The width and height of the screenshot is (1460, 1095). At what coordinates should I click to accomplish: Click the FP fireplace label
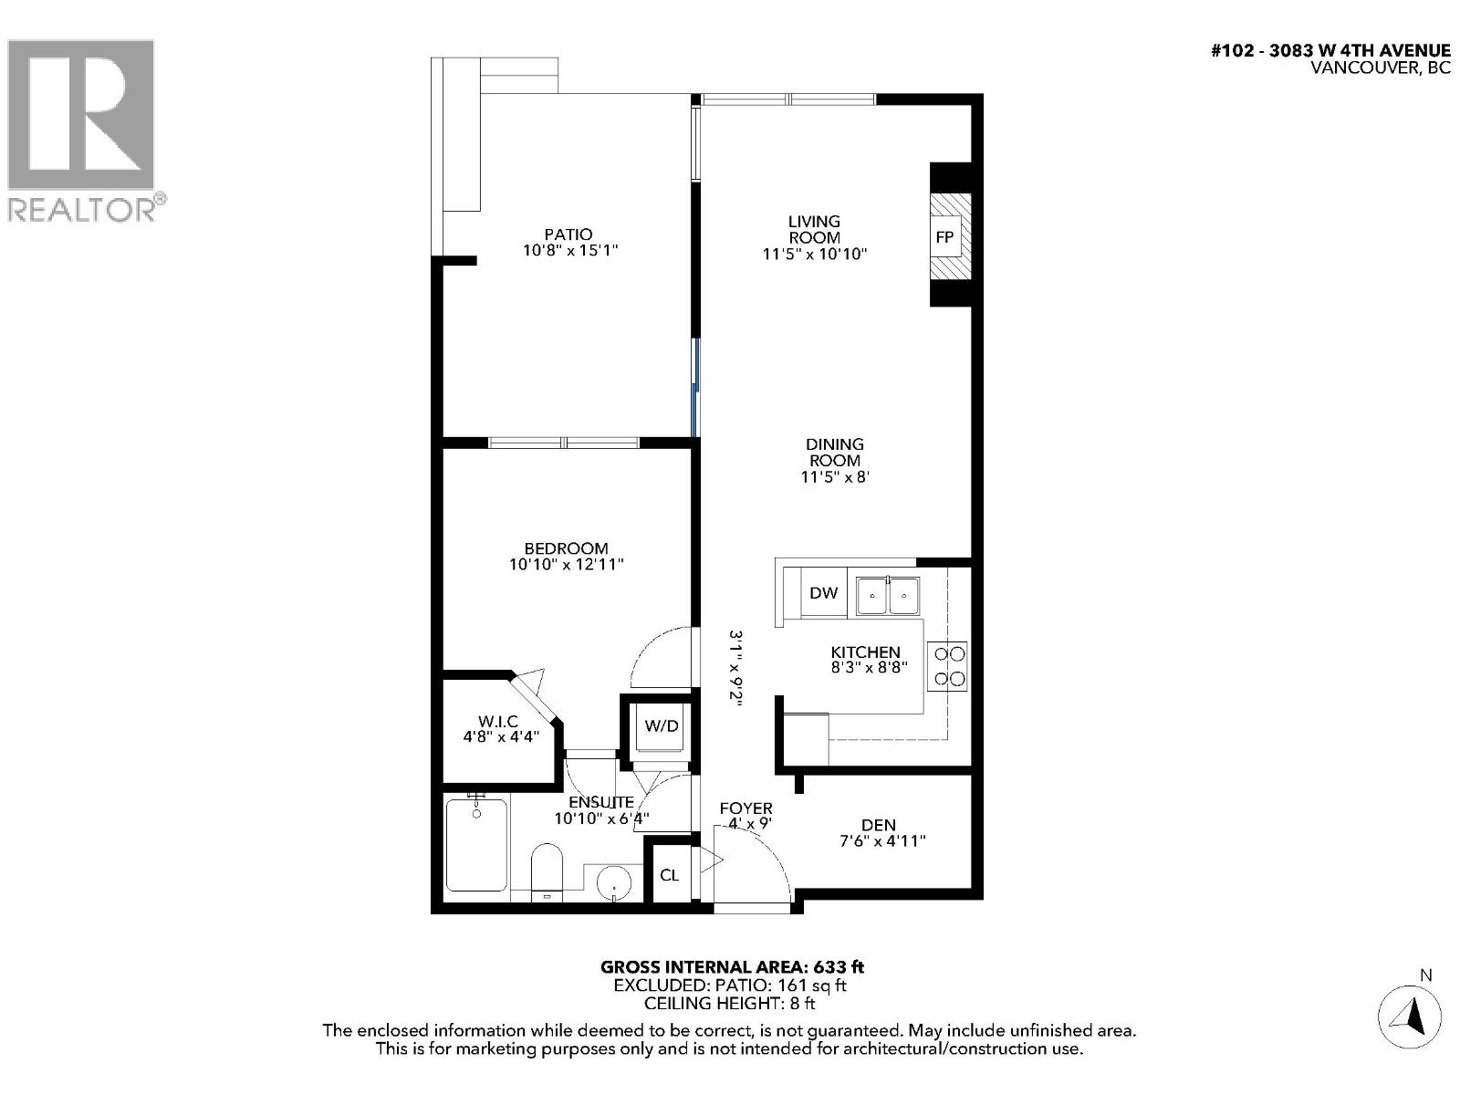[944, 237]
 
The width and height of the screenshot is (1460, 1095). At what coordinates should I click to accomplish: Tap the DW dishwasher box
[823, 593]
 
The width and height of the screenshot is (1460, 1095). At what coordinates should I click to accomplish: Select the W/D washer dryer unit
[662, 726]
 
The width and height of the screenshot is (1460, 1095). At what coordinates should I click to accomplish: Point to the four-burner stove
[947, 665]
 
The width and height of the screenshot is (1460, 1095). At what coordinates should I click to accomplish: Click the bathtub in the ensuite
[475, 844]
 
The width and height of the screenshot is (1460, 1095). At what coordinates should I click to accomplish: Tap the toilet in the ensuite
[547, 871]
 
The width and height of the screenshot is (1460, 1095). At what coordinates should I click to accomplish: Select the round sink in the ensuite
[615, 883]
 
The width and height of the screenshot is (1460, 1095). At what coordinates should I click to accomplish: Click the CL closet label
[669, 875]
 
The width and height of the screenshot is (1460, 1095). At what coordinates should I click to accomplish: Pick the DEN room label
[878, 825]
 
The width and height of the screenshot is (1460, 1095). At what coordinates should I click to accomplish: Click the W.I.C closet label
[497, 722]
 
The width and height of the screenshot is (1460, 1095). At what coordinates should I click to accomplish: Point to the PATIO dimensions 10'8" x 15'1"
[570, 250]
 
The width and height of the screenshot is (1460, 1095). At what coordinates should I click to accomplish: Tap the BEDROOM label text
[566, 548]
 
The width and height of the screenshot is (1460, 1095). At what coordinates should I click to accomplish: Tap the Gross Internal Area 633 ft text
[731, 967]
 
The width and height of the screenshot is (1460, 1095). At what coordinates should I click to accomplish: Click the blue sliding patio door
[695, 388]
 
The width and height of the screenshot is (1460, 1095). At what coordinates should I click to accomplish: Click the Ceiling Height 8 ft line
[729, 1004]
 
